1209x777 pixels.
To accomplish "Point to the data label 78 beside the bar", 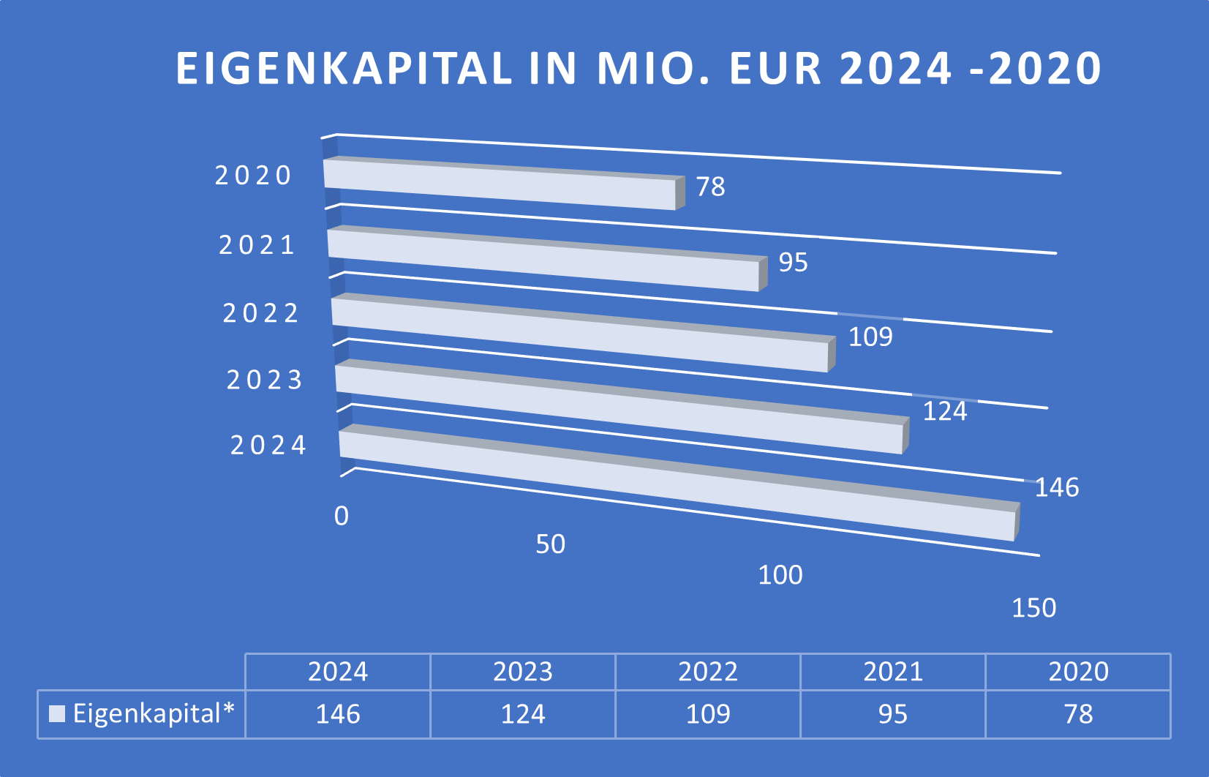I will (710, 187).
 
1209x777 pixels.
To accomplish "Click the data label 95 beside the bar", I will (793, 262).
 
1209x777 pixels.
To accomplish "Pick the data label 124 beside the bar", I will (945, 411).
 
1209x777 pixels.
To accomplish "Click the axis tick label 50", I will (550, 544).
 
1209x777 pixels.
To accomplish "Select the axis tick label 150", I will (1033, 608).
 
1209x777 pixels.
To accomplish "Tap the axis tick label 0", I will (342, 517).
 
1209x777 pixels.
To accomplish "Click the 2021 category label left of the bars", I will (257, 245).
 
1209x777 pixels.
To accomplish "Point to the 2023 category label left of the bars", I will (265, 380).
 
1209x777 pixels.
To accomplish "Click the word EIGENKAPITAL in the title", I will (344, 69).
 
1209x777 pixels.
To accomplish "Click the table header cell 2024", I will (338, 672).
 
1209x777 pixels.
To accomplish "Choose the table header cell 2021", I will (893, 672).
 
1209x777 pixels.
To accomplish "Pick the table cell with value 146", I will (338, 714).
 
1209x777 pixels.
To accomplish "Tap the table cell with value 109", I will (708, 714).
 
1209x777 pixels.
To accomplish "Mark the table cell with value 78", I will (1078, 714).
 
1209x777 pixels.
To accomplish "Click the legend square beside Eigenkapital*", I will (57, 713).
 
